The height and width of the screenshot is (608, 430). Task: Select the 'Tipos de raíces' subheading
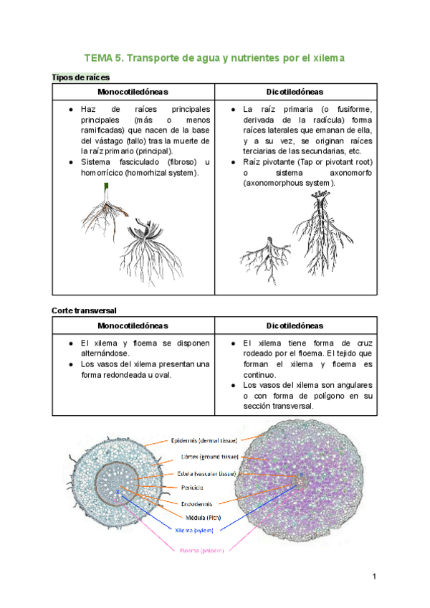pyautogui.click(x=80, y=77)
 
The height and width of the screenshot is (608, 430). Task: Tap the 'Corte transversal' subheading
pyautogui.click(x=84, y=310)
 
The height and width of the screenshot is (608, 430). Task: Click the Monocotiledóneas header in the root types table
pyautogui.click(x=133, y=92)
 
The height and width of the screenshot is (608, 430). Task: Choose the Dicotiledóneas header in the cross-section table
pyautogui.click(x=295, y=326)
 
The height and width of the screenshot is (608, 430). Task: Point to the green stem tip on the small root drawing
pyautogui.click(x=107, y=186)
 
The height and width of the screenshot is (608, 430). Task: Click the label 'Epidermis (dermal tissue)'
pyautogui.click(x=204, y=440)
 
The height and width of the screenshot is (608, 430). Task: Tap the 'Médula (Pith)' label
pyautogui.click(x=198, y=517)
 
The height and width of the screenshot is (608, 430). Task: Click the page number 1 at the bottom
pyautogui.click(x=374, y=576)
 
